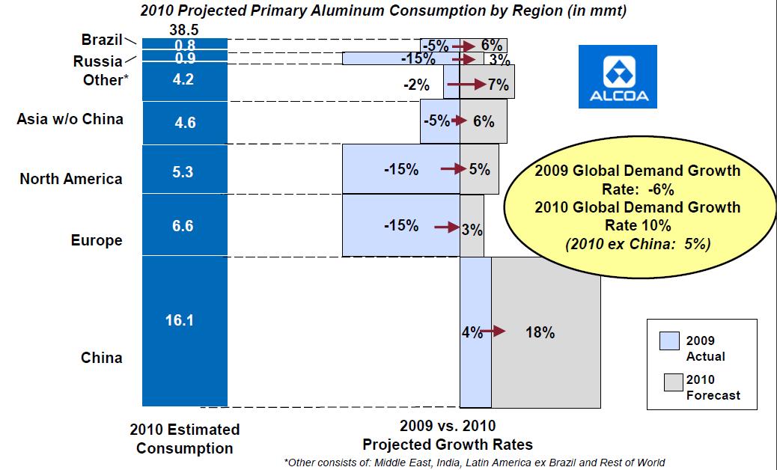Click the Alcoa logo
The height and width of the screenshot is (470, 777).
click(x=618, y=76)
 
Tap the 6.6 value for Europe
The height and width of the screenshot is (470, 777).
click(x=183, y=226)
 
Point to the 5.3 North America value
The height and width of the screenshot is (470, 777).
click(x=183, y=172)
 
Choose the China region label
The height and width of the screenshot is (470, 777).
click(x=102, y=358)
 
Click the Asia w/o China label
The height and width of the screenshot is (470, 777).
click(x=70, y=118)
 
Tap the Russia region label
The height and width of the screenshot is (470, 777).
click(x=97, y=61)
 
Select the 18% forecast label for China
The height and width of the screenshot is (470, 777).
click(x=540, y=333)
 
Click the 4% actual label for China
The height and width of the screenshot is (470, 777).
click(x=470, y=332)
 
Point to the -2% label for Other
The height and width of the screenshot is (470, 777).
click(x=416, y=85)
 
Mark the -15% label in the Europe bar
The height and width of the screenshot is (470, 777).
click(x=401, y=225)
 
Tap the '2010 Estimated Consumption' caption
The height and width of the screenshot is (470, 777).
click(x=185, y=439)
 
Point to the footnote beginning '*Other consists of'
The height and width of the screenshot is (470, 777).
click(x=474, y=463)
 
